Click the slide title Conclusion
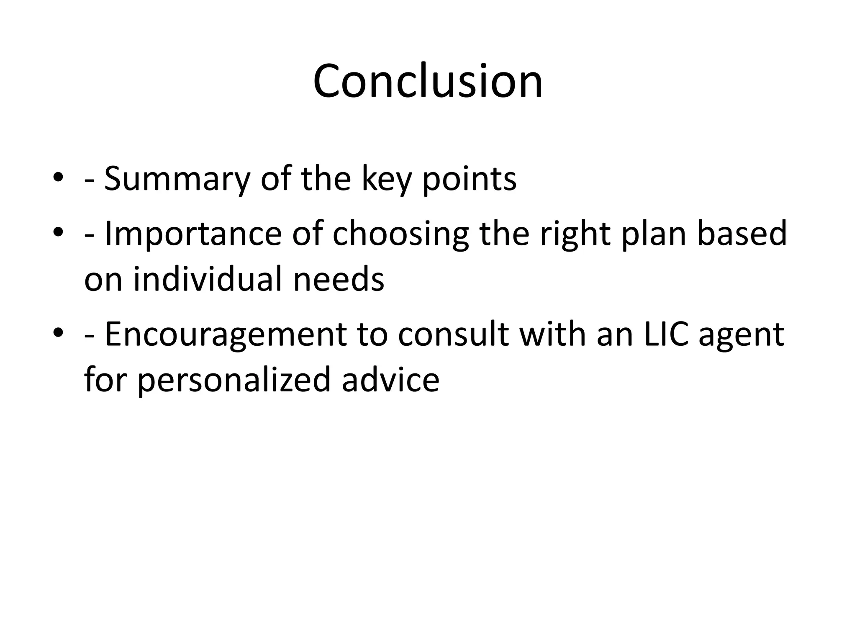pyautogui.click(x=428, y=81)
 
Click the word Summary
pyautogui.click(x=177, y=179)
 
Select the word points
pyautogui.click(x=469, y=179)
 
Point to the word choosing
pyautogui.click(x=400, y=234)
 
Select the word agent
pyautogui.click(x=741, y=336)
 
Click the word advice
pyautogui.click(x=390, y=379)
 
